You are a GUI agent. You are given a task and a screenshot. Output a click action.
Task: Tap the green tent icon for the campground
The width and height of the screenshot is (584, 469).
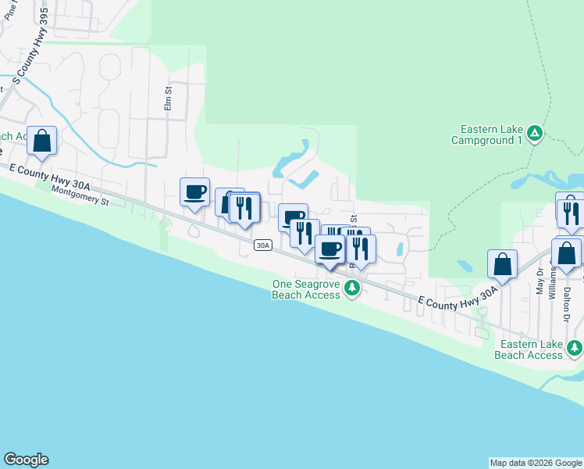click(535, 134)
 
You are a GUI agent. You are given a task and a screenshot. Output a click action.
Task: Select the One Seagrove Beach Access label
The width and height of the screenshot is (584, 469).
click(306, 289)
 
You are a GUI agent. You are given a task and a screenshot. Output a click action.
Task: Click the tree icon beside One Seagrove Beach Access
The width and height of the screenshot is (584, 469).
click(352, 289)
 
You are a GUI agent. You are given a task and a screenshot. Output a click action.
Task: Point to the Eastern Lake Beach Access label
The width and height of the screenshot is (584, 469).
click(531, 349)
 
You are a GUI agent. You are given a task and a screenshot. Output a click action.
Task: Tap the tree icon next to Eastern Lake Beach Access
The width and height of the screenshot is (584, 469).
click(575, 347)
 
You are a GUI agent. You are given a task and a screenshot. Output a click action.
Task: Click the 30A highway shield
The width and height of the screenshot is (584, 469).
click(262, 245)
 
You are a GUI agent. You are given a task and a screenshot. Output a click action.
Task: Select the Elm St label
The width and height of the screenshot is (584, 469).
click(167, 99)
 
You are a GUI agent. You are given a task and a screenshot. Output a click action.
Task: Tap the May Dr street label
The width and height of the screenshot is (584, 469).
click(540, 283)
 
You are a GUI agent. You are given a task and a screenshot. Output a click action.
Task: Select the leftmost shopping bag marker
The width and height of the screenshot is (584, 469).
click(42, 141)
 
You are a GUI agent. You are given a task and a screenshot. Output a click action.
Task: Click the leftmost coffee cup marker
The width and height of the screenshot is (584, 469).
click(194, 192)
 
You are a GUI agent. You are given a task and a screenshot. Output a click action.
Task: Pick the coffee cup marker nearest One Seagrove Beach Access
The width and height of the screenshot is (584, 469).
click(329, 249)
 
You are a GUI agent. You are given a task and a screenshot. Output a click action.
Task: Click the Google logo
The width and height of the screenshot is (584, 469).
click(26, 460)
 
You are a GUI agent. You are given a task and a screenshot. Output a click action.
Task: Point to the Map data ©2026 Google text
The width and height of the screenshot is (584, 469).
click(536, 463)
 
